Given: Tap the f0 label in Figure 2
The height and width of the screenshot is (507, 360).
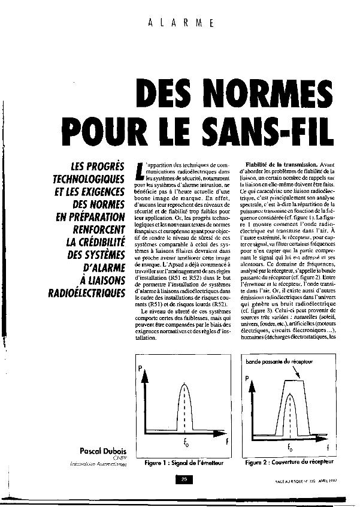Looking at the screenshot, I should [x=289, y=446].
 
